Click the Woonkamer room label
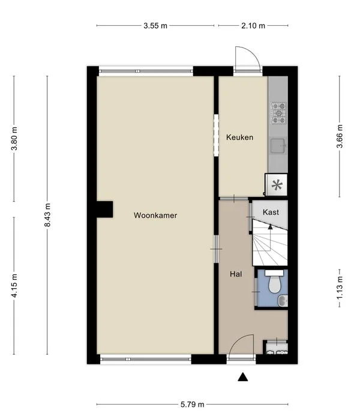[x=155, y=216]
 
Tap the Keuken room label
[x=239, y=137]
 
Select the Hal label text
[x=236, y=274]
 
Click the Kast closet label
[x=270, y=212]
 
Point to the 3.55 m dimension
[x=155, y=26]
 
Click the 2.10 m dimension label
[x=253, y=26]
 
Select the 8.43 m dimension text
[x=47, y=214]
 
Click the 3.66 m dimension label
[x=340, y=136]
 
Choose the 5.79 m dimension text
[x=193, y=404]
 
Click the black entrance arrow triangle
[x=243, y=377]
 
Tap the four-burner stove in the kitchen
[x=278, y=112]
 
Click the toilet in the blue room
[x=274, y=285]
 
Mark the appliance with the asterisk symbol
[x=277, y=185]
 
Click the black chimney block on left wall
[x=103, y=208]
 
